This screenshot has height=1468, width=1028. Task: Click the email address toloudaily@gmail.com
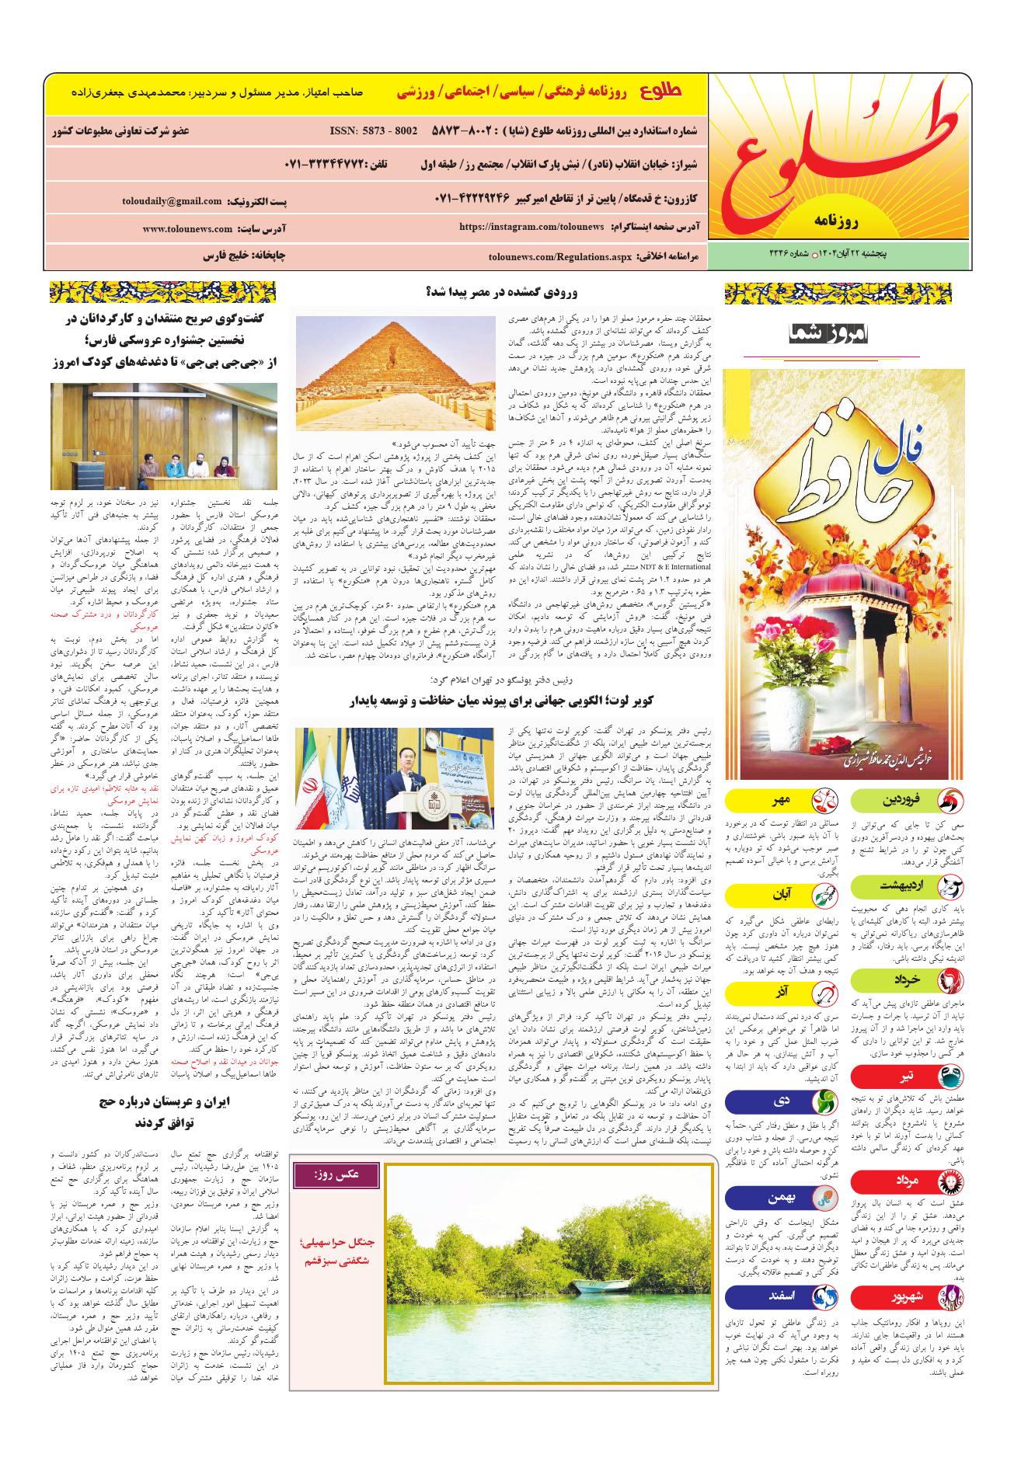(x=172, y=200)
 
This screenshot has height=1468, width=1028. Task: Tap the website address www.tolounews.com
(x=187, y=229)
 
